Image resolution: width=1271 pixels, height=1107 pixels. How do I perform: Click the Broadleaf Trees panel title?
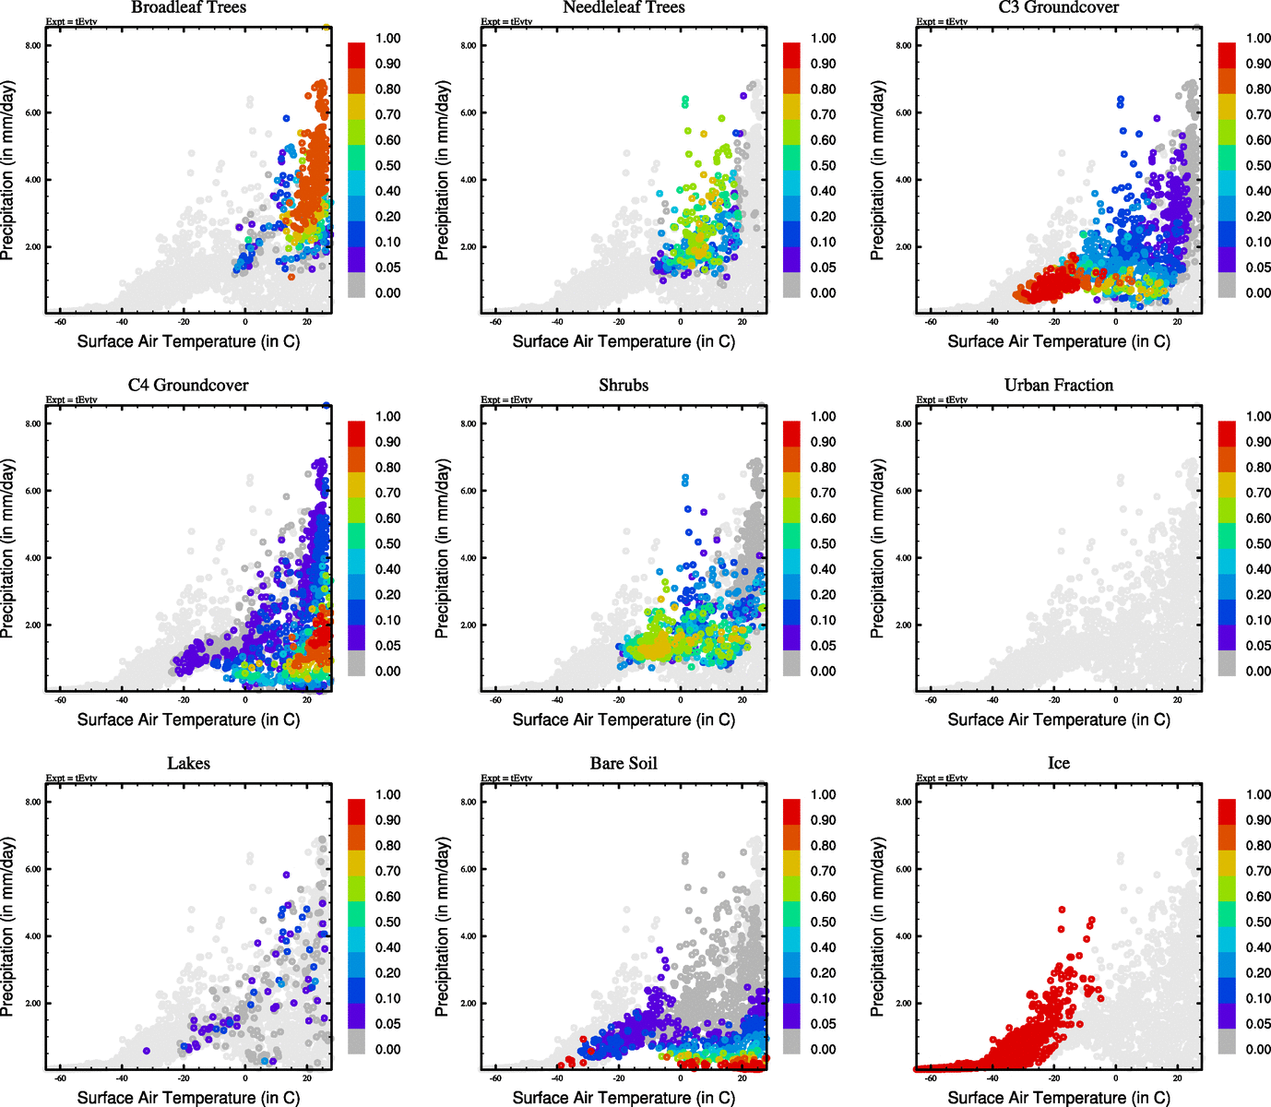[188, 7]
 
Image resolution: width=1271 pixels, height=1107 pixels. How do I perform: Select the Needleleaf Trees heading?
[624, 7]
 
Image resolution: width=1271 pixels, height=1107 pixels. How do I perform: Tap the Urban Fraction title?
[1058, 386]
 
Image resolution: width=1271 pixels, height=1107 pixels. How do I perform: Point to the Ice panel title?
[1058, 764]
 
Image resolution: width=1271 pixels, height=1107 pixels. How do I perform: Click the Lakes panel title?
[188, 764]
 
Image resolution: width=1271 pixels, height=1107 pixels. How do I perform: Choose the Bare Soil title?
[624, 764]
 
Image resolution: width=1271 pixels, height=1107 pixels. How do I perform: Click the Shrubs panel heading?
[624, 386]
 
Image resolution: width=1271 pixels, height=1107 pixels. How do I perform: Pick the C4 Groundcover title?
[188, 386]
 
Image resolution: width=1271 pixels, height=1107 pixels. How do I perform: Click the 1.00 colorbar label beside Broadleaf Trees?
[387, 39]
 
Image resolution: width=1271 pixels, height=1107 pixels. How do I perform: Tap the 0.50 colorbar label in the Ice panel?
[1258, 922]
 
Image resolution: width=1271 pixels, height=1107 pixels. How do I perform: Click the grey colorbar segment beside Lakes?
[357, 1042]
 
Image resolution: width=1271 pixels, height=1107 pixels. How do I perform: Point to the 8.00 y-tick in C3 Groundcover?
[903, 45]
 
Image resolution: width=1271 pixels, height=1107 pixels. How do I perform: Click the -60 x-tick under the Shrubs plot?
[495, 700]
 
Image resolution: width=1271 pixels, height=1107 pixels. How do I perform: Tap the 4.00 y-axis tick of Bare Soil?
[468, 936]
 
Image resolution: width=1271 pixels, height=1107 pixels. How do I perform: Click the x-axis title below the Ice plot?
[1059, 1098]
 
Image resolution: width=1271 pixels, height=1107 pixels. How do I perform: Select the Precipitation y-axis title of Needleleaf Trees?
[443, 171]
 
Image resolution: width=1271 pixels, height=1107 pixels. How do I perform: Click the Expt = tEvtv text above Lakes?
[71, 778]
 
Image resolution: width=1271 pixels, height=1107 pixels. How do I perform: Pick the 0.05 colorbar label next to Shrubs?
[823, 646]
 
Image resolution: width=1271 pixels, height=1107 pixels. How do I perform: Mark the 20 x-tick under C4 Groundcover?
[307, 700]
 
